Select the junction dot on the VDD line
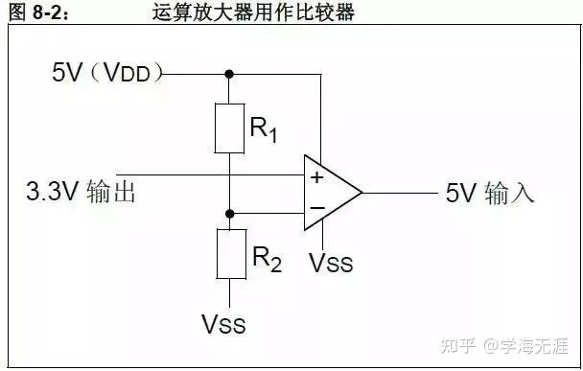[x=229, y=73]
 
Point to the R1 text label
[x=264, y=130]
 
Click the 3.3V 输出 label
[x=82, y=192]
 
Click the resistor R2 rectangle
[x=229, y=253]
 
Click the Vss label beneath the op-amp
[x=332, y=261]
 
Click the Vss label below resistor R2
[x=223, y=324]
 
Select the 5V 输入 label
[x=489, y=193]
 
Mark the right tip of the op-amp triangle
[x=361, y=193]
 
